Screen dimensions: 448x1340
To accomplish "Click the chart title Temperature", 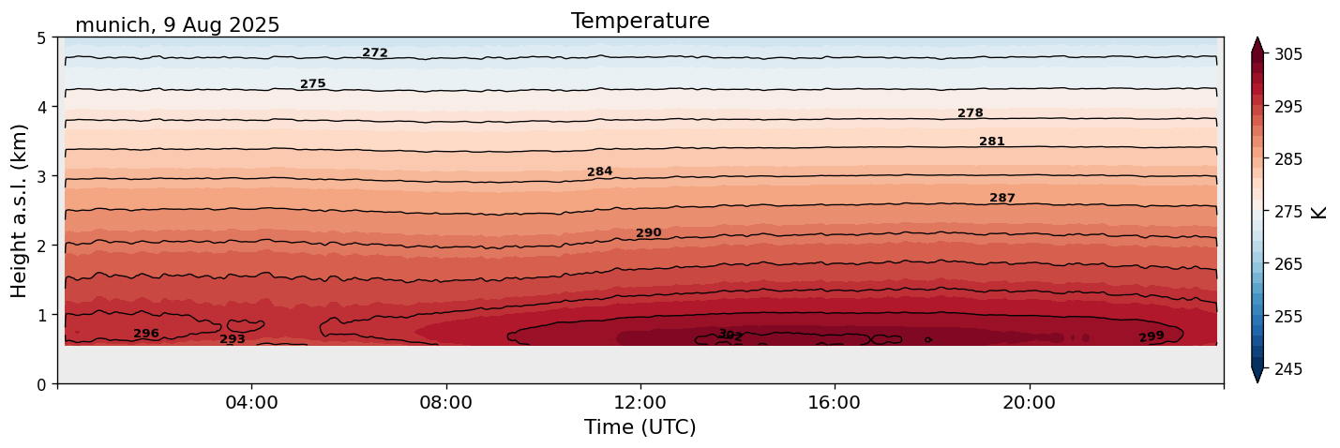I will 640,21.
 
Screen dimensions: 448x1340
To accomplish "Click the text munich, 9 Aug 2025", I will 177,25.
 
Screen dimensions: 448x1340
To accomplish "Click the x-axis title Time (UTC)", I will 640,427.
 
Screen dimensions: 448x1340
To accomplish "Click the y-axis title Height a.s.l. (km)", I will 20,211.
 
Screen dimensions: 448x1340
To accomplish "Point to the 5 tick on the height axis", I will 42,38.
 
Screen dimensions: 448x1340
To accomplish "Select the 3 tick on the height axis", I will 42,176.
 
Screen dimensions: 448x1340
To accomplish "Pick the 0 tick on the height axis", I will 42,383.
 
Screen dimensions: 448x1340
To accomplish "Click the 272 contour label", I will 375,53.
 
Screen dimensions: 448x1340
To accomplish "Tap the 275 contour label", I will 312,84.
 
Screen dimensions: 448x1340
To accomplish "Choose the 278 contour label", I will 970,113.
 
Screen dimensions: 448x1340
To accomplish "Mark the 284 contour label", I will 599,172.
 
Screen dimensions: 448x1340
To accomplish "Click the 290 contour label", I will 648,233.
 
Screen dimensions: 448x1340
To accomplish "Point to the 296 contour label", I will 146,334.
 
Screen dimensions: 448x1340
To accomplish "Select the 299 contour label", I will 1151,336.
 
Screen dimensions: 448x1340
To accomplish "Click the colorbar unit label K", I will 1318,211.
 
